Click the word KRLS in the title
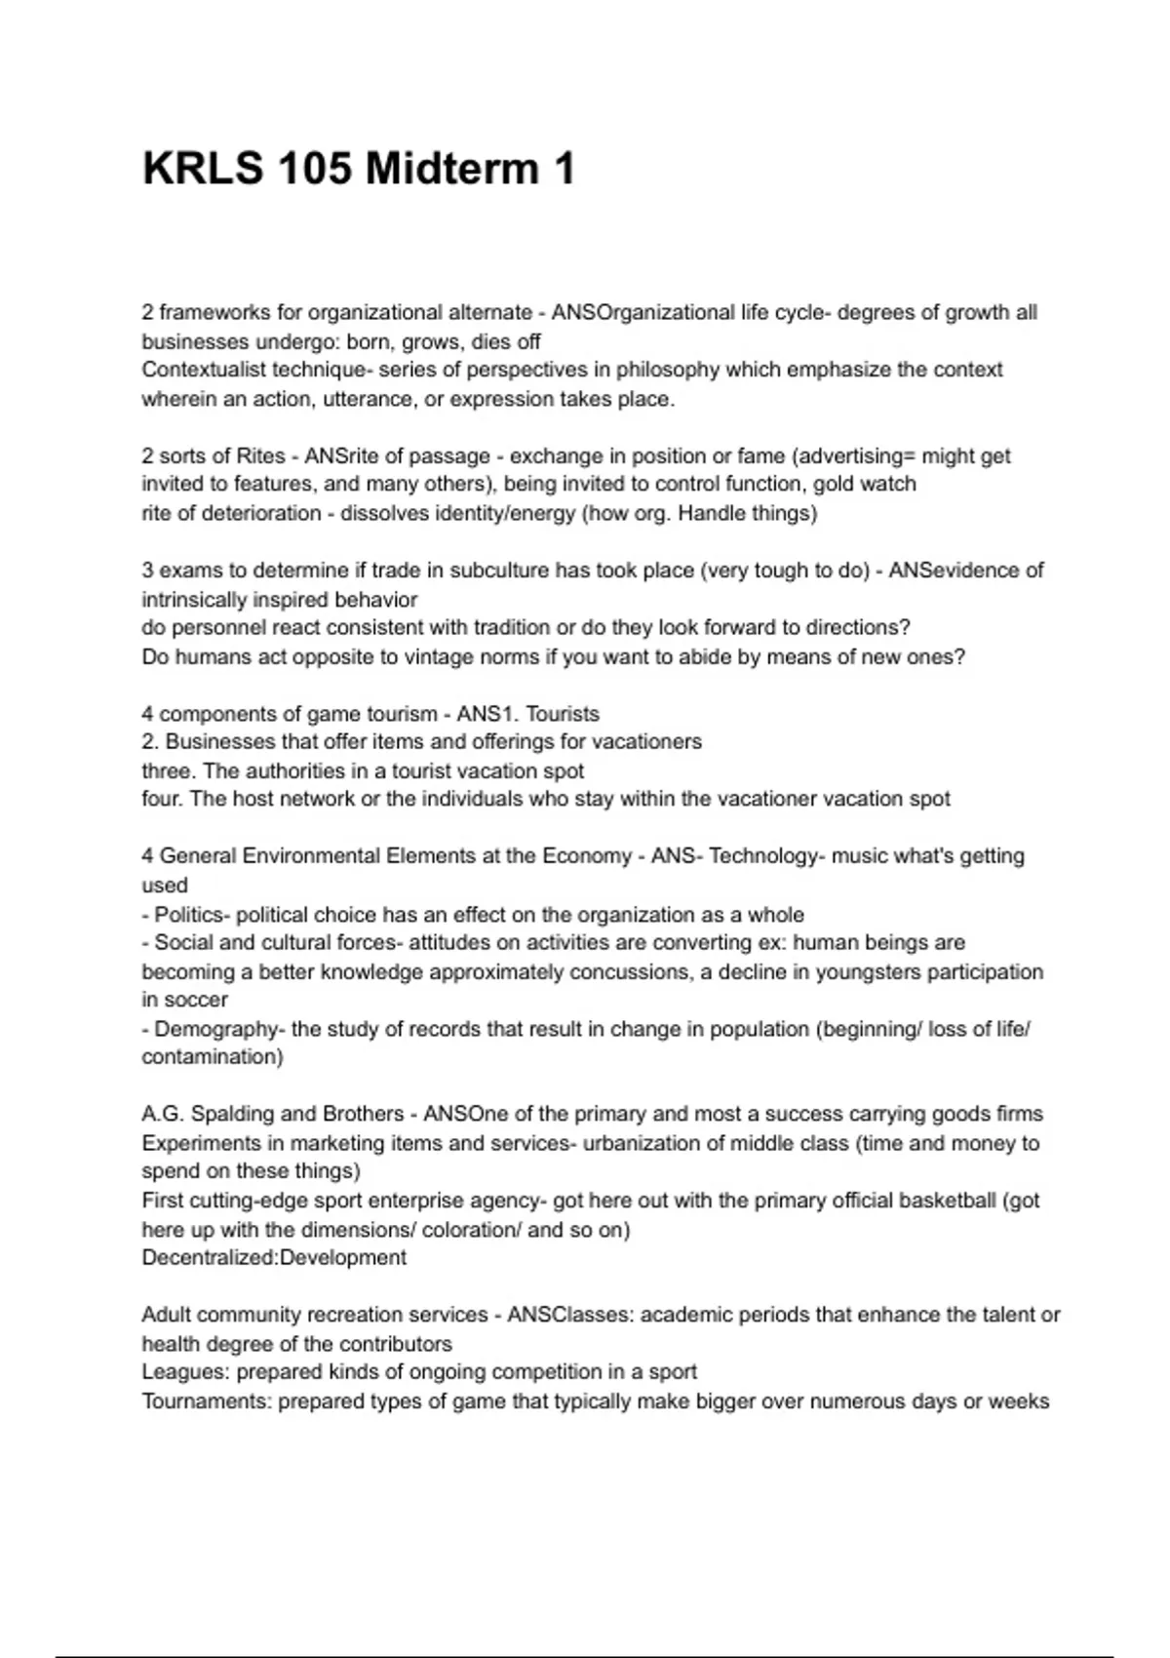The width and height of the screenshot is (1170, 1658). (203, 169)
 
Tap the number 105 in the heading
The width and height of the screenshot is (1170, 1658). (314, 169)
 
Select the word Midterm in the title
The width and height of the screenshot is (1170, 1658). (452, 169)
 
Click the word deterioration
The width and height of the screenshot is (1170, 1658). (260, 513)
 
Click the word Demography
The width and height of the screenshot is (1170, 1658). (216, 1029)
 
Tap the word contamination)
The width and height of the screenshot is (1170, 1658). (213, 1057)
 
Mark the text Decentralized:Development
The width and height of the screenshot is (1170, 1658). (274, 1257)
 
